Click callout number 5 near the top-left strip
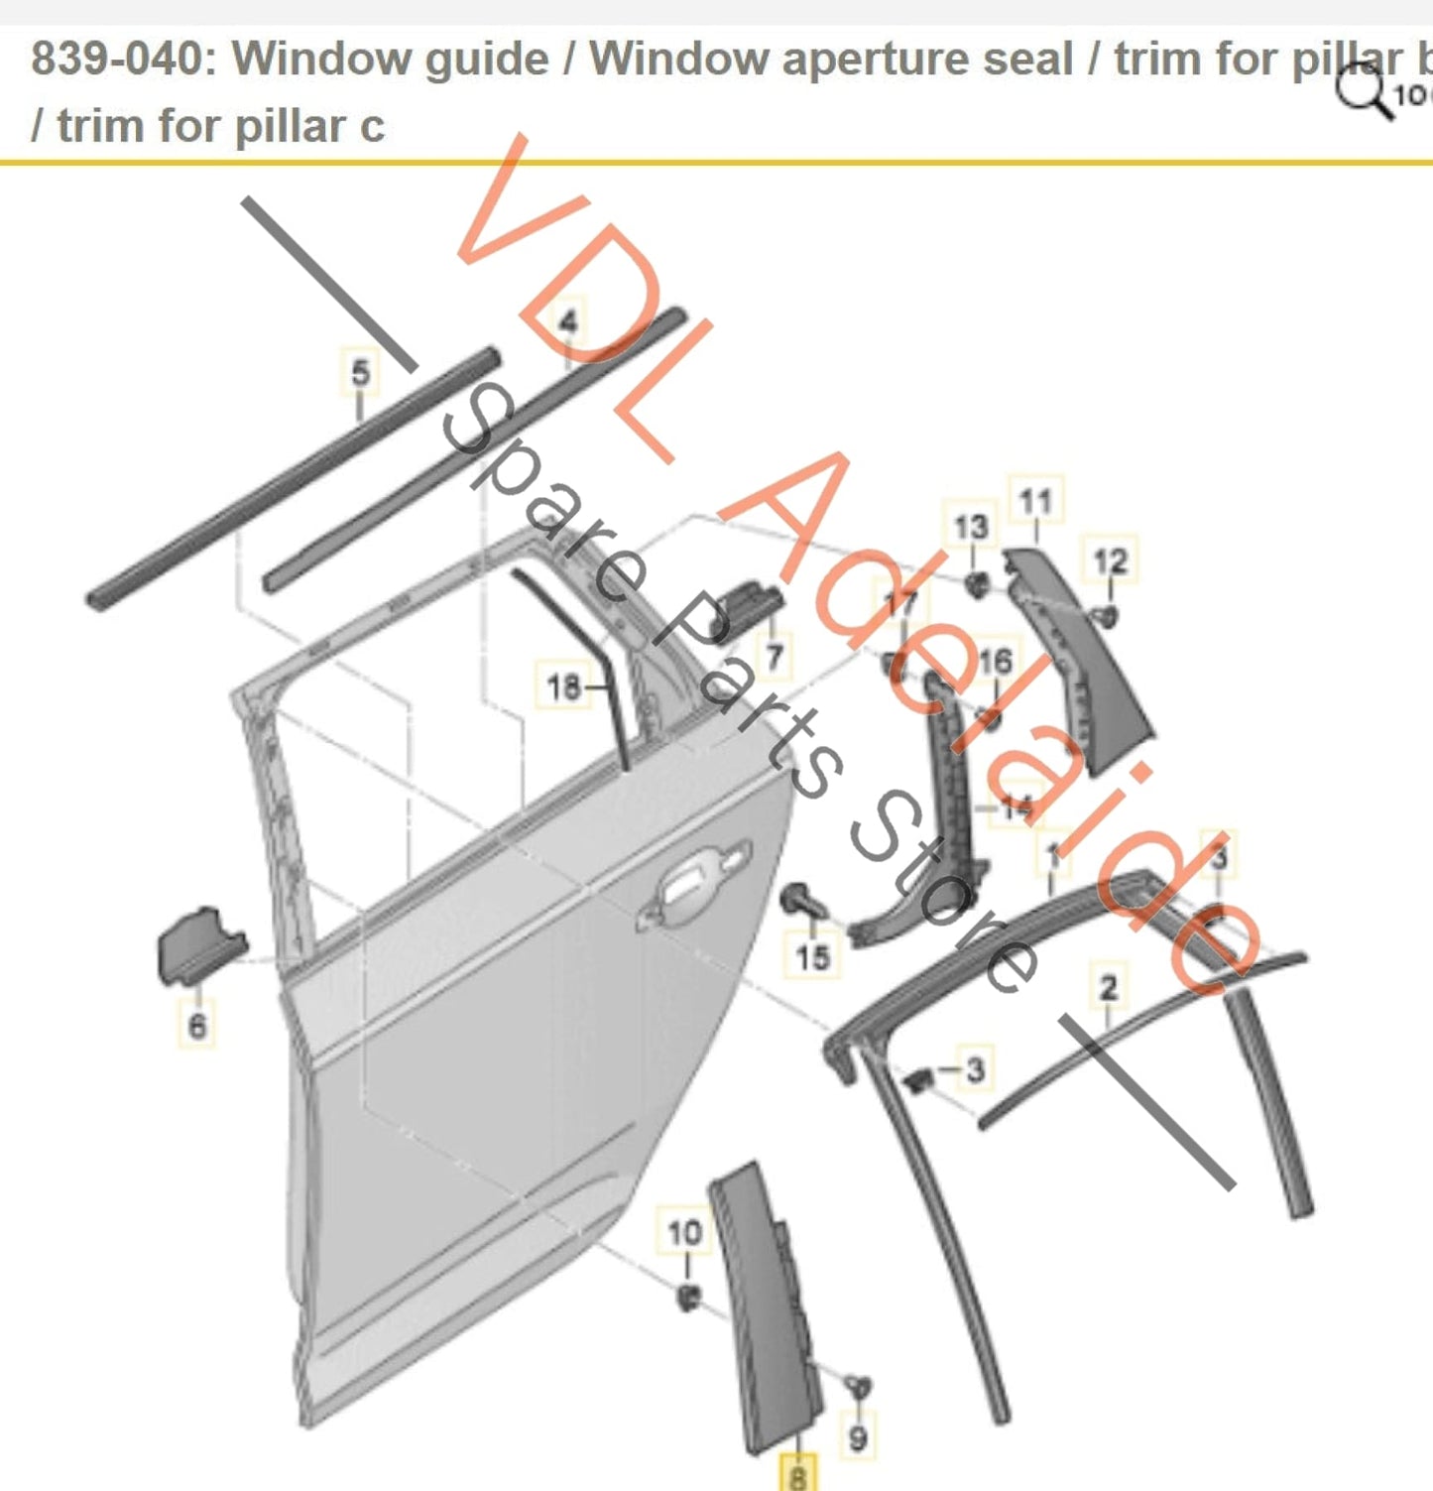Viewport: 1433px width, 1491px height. pos(360,373)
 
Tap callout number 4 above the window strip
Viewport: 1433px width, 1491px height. pos(568,322)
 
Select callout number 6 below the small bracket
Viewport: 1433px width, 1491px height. pos(197,1025)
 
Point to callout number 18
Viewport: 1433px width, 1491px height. pos(563,686)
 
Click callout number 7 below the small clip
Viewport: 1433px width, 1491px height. pos(775,656)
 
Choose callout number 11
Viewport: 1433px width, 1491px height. pos(1035,501)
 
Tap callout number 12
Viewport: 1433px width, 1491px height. pos(1111,561)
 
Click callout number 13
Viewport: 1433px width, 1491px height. pos(970,527)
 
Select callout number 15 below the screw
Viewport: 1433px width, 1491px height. pos(812,956)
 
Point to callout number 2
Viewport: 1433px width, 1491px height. pos(1108,987)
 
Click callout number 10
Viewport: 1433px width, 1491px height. pos(684,1233)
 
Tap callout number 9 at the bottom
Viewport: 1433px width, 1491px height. pos(858,1437)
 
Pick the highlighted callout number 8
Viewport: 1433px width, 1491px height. pos(797,1475)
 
